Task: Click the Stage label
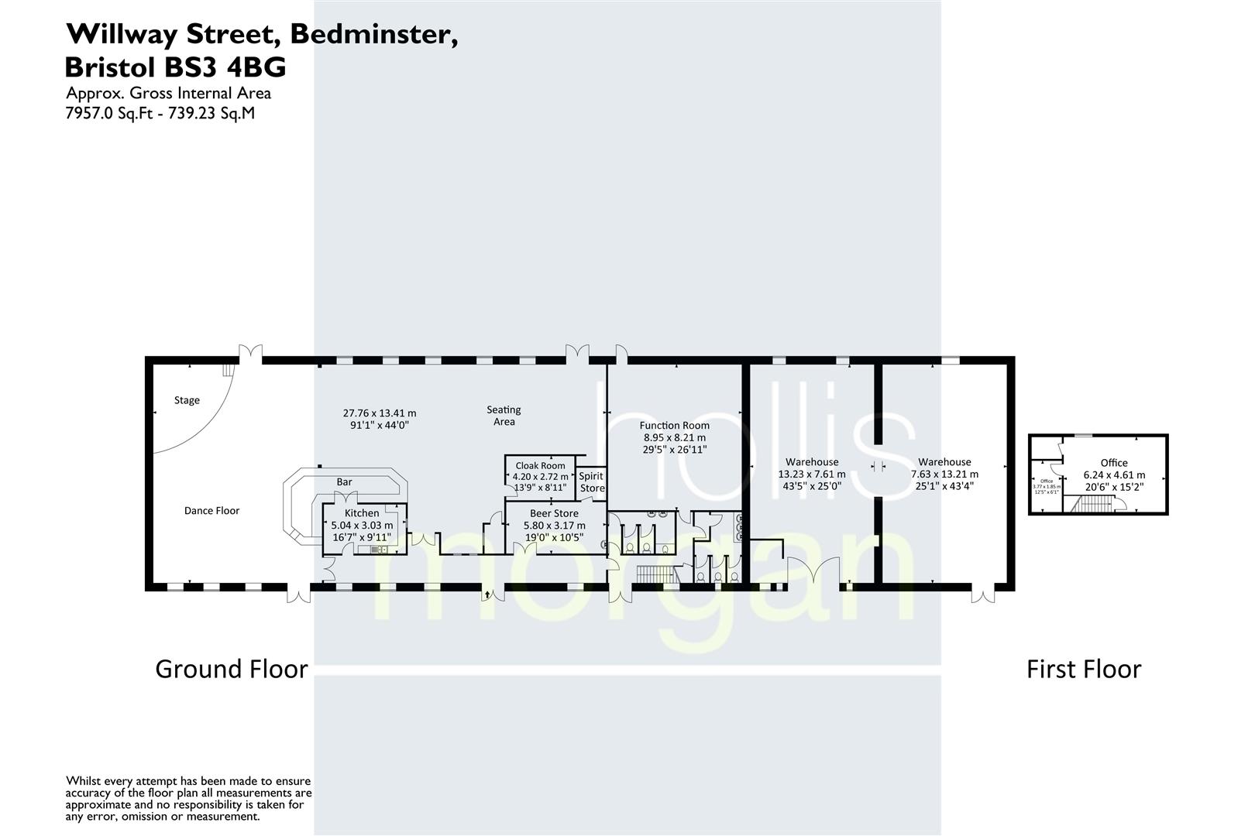pos(187,400)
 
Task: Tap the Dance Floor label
pos(211,510)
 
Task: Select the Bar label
pos(344,481)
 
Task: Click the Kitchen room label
pos(362,512)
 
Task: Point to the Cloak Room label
pos(540,465)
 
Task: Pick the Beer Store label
pos(554,513)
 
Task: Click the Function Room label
pos(674,425)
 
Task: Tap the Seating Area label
pos(504,416)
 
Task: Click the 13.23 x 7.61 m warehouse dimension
pos(812,474)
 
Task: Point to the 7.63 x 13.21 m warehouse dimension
pos(944,474)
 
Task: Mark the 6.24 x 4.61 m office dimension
pos(1114,475)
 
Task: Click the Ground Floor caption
pos(232,669)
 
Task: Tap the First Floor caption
pos(1084,669)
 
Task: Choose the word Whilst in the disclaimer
pos(84,781)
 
